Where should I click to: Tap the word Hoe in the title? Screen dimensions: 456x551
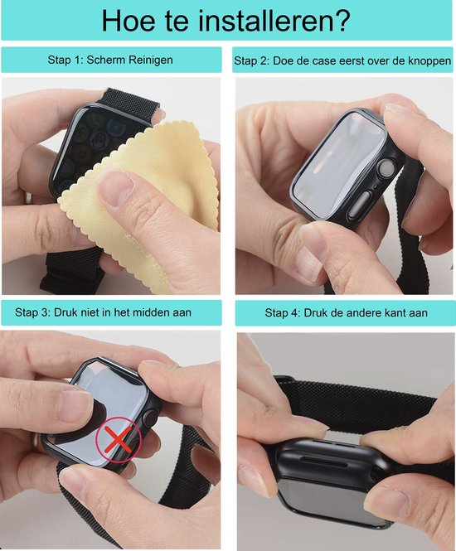click(x=128, y=21)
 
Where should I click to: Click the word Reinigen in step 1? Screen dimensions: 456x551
click(x=150, y=60)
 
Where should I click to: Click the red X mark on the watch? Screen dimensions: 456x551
click(x=118, y=439)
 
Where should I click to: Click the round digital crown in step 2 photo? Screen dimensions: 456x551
click(x=386, y=167)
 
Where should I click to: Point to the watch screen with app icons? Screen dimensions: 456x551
click(x=93, y=147)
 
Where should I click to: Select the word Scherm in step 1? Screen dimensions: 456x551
click(x=106, y=60)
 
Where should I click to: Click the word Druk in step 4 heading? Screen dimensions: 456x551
click(x=315, y=312)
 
